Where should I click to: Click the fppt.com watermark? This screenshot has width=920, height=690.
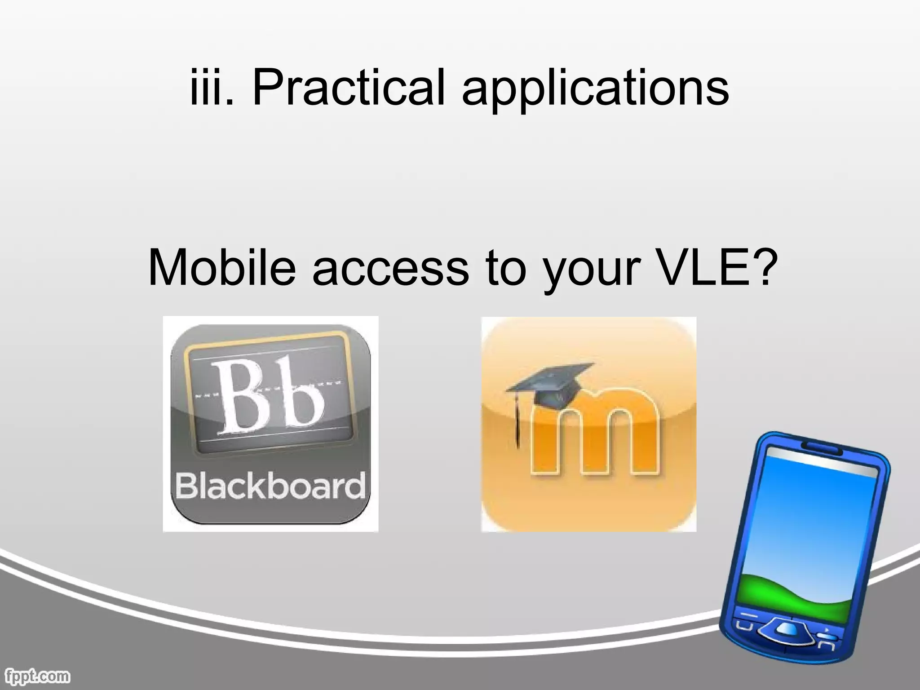(38, 676)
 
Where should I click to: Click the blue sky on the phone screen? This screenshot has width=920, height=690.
(809, 517)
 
